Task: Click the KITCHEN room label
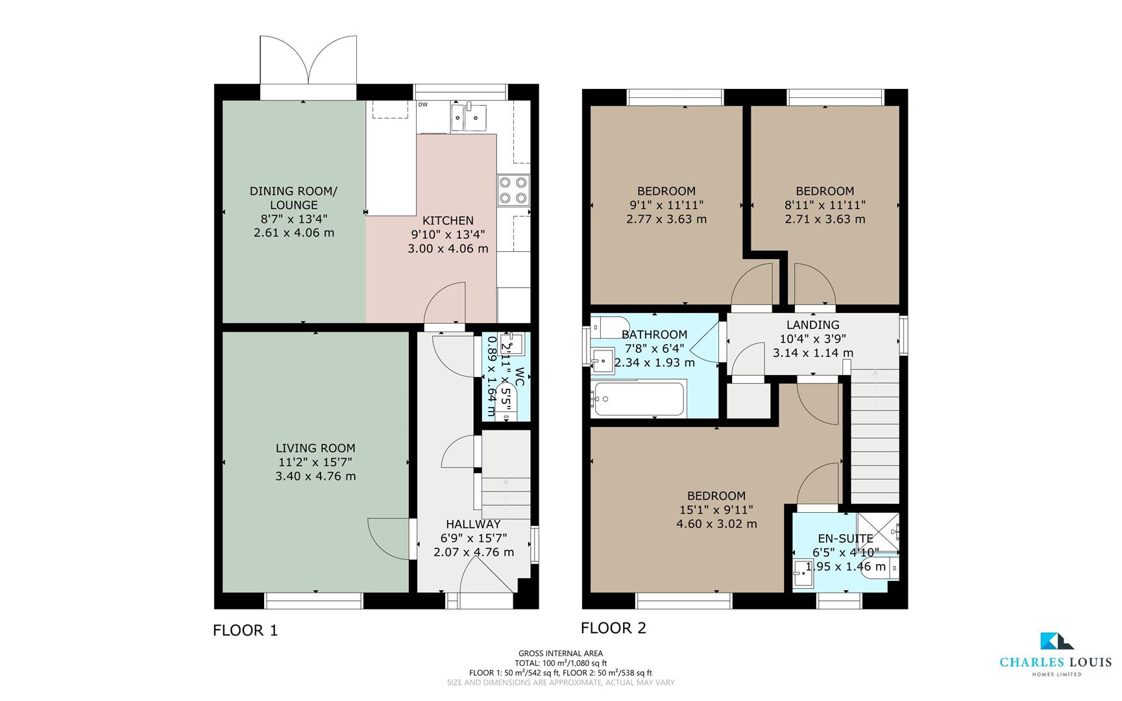pos(448,221)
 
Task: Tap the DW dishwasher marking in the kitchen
pos(422,105)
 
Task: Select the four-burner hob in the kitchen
pos(513,190)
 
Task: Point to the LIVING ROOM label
pos(315,448)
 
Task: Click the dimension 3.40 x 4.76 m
pos(315,476)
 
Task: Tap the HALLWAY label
pos(473,524)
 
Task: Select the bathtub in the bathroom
pos(639,399)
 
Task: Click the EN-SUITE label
pos(846,538)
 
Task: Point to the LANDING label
pos(812,325)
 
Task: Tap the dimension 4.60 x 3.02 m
pos(716,524)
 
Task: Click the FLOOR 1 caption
pos(245,630)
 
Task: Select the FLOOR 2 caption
pos(613,628)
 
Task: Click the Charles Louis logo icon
pos(1055,641)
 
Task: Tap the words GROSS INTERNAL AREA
pos(560,654)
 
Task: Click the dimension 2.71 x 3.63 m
pos(825,219)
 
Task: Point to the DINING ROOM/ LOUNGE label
pos(293,197)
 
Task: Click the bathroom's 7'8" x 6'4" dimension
pos(654,349)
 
